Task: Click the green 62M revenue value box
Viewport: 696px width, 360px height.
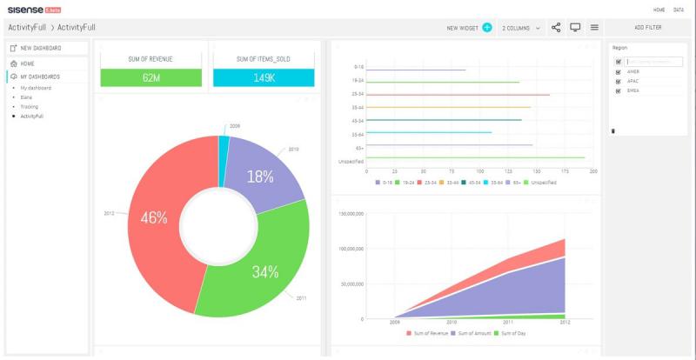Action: (x=151, y=77)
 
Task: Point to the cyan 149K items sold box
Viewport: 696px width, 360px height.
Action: (x=264, y=77)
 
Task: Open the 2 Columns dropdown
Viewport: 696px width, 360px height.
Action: (x=520, y=28)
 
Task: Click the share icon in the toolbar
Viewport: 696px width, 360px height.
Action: (x=556, y=28)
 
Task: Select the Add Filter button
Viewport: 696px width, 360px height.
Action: (x=647, y=28)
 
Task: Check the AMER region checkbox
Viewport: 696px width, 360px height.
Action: (x=619, y=72)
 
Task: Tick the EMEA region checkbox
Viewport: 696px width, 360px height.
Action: (x=619, y=90)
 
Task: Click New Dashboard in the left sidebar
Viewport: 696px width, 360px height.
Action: (x=41, y=48)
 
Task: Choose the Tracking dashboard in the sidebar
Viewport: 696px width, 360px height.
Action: (x=30, y=106)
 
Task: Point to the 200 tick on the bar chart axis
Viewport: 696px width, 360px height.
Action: (x=593, y=171)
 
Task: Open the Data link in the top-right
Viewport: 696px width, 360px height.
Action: (x=678, y=10)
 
